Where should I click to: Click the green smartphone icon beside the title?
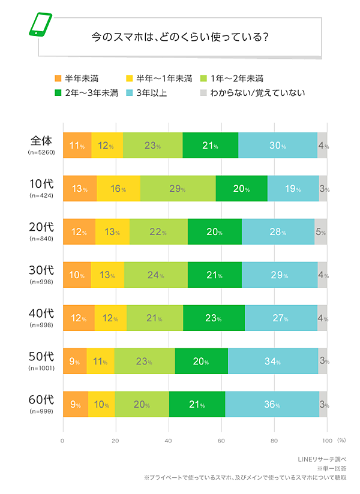40,24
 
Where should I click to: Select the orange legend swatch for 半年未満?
58,79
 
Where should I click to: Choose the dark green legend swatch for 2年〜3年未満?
58,93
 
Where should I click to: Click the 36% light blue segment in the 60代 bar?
272,405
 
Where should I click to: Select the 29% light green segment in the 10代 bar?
178,189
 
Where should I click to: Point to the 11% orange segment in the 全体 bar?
77,146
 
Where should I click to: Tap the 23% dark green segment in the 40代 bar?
214,318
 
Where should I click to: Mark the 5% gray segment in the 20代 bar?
320,232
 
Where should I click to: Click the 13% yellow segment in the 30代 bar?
107,275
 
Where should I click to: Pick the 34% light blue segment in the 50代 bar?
273,362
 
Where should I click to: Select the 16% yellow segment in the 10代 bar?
118,189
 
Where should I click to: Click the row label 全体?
42,141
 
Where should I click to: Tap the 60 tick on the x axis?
221,441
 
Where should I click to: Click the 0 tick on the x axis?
62,441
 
